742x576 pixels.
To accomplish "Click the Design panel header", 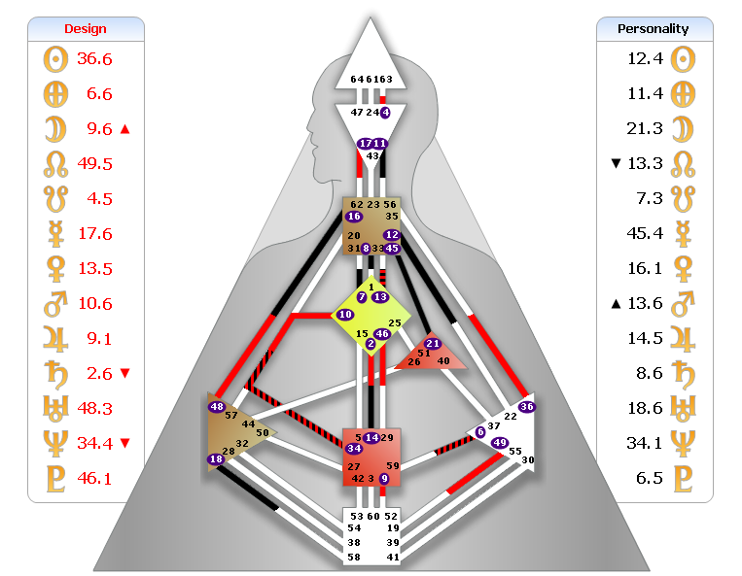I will coord(86,29).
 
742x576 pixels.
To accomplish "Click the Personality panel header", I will coord(654,29).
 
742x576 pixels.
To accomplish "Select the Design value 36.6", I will coord(94,59).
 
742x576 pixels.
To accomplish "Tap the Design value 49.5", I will coord(94,164).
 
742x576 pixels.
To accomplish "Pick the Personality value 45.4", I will coord(645,233).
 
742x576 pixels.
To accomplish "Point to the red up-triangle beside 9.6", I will coord(124,129).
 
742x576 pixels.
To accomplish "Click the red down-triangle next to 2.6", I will coord(124,374).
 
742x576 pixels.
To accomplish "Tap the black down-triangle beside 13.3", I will coord(614,163).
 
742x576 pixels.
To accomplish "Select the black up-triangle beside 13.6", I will coord(614,304).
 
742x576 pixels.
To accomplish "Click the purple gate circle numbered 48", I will coord(216,407).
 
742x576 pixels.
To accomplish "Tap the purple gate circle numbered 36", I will coord(527,406).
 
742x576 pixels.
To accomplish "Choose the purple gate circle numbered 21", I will coord(433,344).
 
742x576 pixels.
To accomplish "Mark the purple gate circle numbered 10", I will coord(345,315).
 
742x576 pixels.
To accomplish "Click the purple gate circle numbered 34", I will coord(354,449).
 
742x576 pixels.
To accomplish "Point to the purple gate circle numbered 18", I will coord(216,459).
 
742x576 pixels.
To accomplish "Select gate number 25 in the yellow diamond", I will coord(394,322).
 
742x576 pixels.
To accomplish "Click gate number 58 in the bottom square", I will coord(356,558).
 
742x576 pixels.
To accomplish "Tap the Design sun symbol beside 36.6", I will coord(53,59).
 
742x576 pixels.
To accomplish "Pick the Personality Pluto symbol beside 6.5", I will coord(686,478).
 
